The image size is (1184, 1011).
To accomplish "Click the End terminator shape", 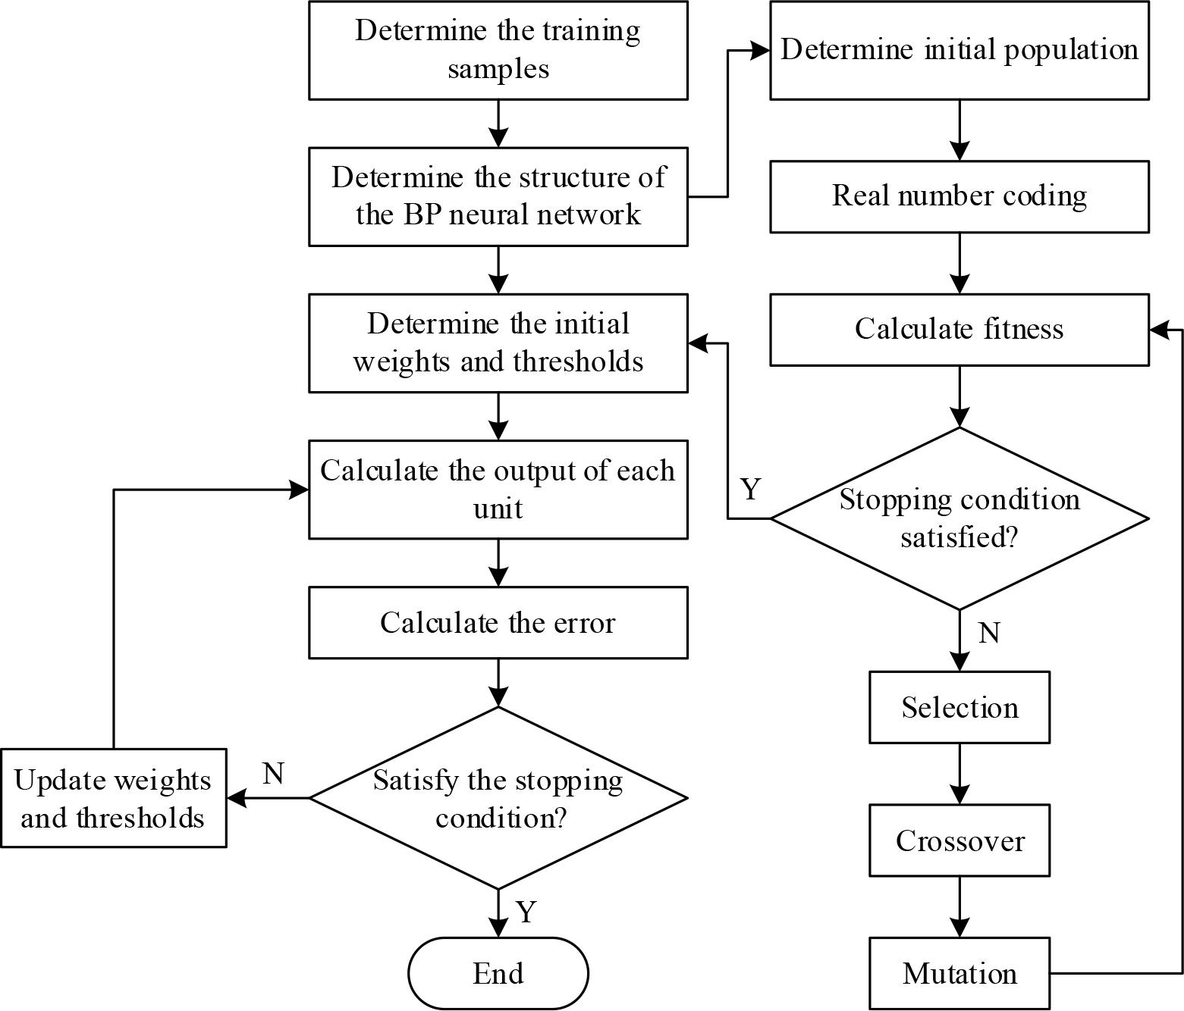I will tap(498, 973).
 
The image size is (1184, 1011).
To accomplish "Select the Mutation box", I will tap(959, 973).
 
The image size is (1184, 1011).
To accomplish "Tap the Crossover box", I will tap(959, 840).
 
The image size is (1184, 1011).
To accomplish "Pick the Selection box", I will tap(959, 707).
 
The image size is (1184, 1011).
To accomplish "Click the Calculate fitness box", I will tap(959, 330).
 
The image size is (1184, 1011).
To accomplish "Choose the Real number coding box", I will tap(959, 196).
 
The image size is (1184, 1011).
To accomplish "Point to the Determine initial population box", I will tap(959, 50).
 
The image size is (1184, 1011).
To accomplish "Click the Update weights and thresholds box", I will tap(113, 798).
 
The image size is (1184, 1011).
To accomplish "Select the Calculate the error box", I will tap(498, 622).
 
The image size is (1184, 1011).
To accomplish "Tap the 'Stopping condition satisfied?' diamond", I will tap(959, 518).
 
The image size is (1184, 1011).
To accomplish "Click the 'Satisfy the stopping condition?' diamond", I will tap(498, 798).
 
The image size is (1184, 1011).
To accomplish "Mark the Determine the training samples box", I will tap(498, 50).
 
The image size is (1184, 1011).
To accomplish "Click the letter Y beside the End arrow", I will tap(526, 911).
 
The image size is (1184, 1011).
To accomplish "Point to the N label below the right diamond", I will tap(989, 633).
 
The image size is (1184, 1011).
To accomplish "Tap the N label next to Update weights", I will tap(273, 774).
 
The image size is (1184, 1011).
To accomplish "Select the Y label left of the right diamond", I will tap(750, 490).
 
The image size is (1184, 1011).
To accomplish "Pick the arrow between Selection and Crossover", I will tap(959, 773).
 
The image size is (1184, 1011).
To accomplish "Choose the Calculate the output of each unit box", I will tap(498, 490).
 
